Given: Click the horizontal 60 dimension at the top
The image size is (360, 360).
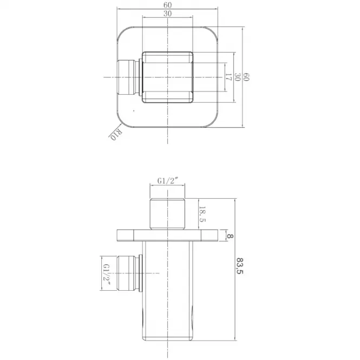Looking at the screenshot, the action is coord(168,5).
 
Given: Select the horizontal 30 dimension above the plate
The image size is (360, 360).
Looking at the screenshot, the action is coord(168,14).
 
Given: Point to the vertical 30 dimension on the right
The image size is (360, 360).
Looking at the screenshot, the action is coord(238,77).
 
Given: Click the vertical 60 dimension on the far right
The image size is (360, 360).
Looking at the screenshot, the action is coord(246,77).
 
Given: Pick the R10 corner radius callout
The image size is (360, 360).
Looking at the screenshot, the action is coord(116,134).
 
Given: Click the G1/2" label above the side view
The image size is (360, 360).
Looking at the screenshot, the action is coord(168,181).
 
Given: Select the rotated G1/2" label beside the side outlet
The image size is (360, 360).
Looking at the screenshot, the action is coord(107,274).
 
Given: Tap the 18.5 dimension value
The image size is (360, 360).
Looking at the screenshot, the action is coord(202,214).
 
